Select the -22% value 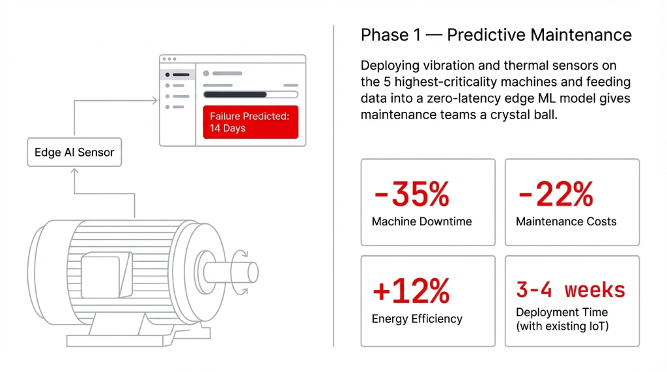click(555, 194)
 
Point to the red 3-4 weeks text click(571, 289)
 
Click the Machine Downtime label click(421, 222)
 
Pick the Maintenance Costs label click(566, 222)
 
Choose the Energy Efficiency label click(417, 319)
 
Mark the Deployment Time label click(561, 312)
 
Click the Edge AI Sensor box click(74, 152)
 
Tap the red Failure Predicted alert click(250, 122)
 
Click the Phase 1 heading click(496, 35)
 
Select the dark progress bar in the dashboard click(235, 94)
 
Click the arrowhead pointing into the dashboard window click(156, 100)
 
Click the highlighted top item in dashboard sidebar click(177, 74)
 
